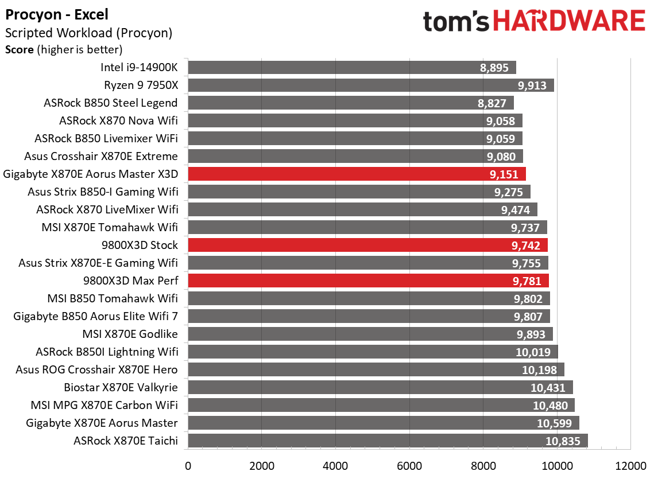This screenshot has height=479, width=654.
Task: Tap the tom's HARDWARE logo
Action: pyautogui.click(x=534, y=22)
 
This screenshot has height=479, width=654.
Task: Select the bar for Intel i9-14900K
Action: pyautogui.click(x=351, y=68)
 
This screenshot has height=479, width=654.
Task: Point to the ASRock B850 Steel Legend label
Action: pyautogui.click(x=110, y=103)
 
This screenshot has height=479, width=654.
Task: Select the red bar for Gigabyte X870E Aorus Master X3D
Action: pyautogui.click(x=356, y=174)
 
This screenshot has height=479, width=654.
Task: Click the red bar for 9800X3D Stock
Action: pyautogui.click(x=367, y=245)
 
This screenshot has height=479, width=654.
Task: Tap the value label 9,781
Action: pyautogui.click(x=527, y=281)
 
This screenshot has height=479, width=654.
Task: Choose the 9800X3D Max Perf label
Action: pyautogui.click(x=130, y=281)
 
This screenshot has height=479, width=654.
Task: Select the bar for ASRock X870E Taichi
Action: pyautogui.click(x=388, y=441)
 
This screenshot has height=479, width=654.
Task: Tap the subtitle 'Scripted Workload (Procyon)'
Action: pyautogui.click(x=88, y=33)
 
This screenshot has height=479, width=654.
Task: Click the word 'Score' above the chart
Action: pyautogui.click(x=19, y=49)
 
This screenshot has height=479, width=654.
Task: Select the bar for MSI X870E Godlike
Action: pyautogui.click(x=370, y=334)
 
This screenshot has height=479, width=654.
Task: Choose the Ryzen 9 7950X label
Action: pyautogui.click(x=141, y=85)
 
